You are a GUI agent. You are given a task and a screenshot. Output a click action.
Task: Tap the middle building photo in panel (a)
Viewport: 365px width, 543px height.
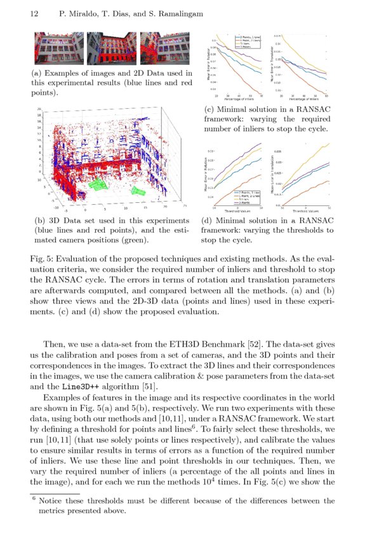(111, 49)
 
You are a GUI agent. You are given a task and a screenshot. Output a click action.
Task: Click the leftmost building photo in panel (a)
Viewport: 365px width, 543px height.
(58, 49)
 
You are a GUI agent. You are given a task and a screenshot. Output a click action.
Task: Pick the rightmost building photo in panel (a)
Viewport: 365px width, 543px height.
(164, 49)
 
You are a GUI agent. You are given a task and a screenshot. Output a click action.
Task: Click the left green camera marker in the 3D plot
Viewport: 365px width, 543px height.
(98, 184)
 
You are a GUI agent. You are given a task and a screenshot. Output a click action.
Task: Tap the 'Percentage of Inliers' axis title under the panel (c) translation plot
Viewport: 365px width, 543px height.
(307, 99)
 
